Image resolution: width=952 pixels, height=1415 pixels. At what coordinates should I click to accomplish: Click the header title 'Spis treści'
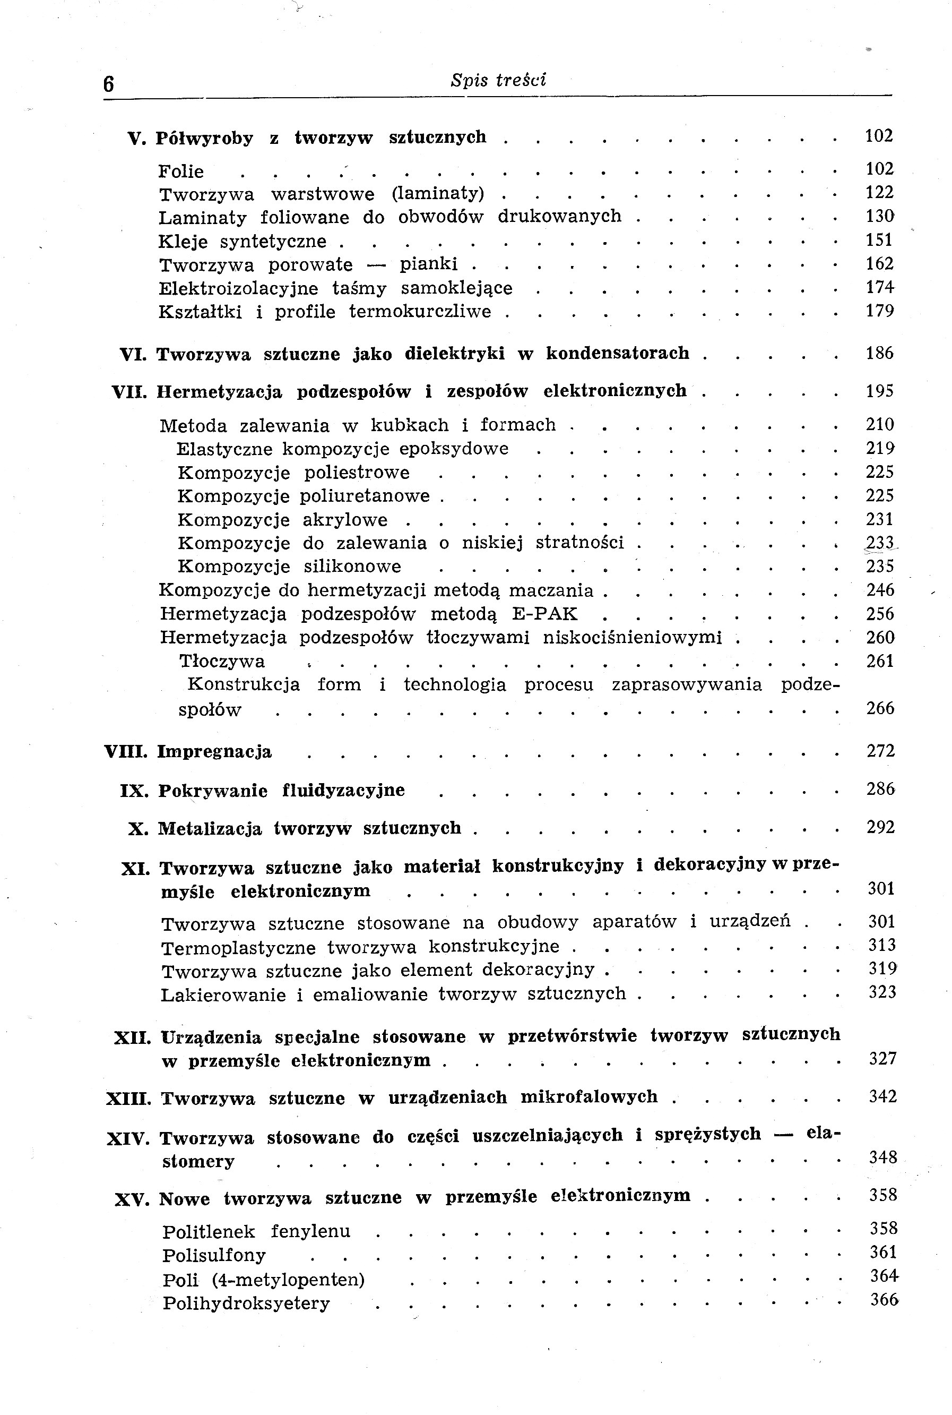498,80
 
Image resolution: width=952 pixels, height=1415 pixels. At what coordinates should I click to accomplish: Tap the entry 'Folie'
180,171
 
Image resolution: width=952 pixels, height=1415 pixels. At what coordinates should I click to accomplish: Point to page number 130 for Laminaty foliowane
880,216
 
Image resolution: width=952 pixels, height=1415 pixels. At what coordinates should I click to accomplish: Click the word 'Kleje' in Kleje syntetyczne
181,242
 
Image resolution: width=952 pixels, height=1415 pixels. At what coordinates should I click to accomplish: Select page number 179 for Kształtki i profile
880,311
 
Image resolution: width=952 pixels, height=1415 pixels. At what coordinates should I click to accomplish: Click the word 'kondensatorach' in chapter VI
618,353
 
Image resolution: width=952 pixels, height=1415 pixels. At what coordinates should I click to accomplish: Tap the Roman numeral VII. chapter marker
129,392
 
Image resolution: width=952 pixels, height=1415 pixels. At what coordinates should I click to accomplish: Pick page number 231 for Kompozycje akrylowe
880,519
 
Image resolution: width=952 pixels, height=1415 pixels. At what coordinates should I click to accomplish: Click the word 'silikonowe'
352,567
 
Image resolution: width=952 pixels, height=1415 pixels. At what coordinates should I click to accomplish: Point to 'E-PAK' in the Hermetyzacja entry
544,614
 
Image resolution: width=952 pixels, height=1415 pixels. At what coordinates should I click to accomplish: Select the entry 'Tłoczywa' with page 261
222,662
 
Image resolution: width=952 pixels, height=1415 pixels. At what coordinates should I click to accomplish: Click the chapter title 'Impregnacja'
214,752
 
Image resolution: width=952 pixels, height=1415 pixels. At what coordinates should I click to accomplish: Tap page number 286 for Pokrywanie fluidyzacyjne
880,789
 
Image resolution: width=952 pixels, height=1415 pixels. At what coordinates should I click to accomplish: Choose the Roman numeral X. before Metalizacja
138,829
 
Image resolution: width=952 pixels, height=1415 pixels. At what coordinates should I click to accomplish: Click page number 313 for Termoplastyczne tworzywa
881,945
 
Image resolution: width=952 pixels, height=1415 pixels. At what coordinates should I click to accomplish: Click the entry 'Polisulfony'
214,1255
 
